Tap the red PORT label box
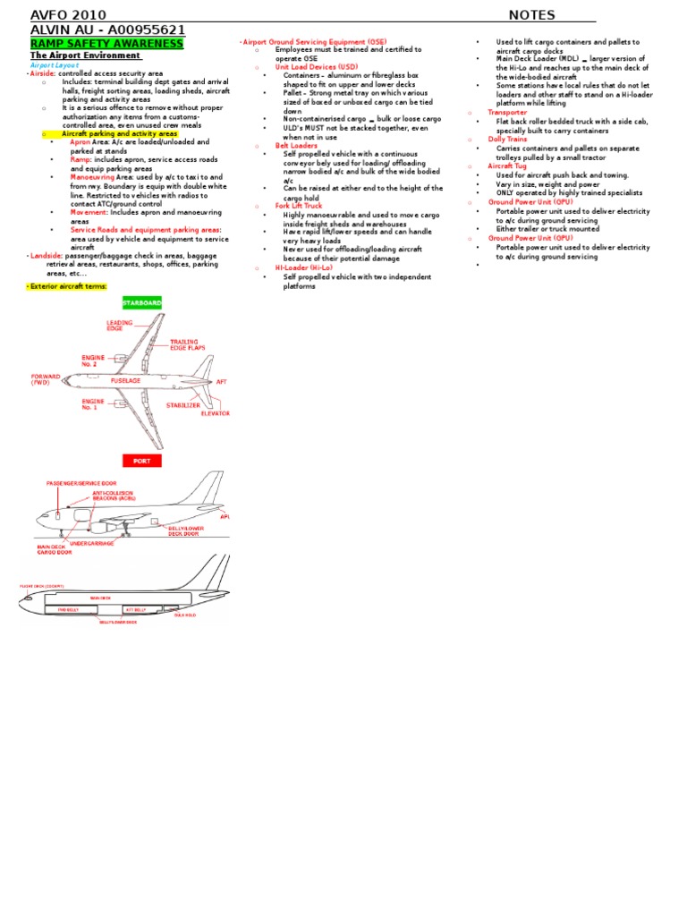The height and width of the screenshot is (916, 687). pyautogui.click(x=142, y=461)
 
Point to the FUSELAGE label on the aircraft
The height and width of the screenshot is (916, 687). pyautogui.click(x=126, y=380)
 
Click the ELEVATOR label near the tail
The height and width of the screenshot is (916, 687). pyautogui.click(x=215, y=413)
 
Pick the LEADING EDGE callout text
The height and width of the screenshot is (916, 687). pyautogui.click(x=119, y=326)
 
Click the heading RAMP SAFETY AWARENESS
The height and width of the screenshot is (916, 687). pyautogui.click(x=106, y=43)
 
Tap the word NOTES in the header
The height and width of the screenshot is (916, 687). pyautogui.click(x=531, y=14)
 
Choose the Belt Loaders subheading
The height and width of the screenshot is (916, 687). pyautogui.click(x=296, y=145)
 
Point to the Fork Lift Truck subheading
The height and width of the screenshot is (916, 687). pyautogui.click(x=299, y=206)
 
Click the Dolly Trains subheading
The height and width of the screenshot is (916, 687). pyautogui.click(x=507, y=140)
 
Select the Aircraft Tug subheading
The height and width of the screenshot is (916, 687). pyautogui.click(x=507, y=166)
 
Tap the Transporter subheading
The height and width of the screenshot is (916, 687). pyautogui.click(x=507, y=113)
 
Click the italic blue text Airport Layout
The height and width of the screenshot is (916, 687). pyautogui.click(x=55, y=65)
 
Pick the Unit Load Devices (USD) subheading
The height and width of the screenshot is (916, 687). pyautogui.click(x=317, y=67)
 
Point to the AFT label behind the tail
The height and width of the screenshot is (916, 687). pyautogui.click(x=222, y=382)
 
